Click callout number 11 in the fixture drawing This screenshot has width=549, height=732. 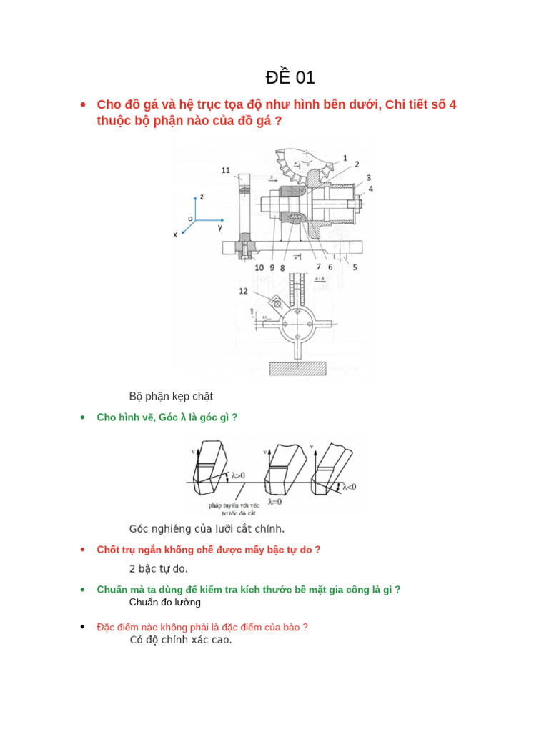click(x=225, y=170)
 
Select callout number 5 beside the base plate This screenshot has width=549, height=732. click(x=355, y=267)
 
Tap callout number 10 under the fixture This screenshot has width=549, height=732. click(x=259, y=267)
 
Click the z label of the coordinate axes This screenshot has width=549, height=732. click(x=202, y=196)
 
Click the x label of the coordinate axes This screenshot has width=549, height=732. click(x=174, y=234)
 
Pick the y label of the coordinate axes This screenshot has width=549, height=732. click(x=220, y=227)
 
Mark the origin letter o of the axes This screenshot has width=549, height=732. click(x=190, y=218)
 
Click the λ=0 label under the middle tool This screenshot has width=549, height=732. click(x=275, y=502)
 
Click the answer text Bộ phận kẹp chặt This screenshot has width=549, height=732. click(x=171, y=396)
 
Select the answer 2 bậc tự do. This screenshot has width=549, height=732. click(x=158, y=569)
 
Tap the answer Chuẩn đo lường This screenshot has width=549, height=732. click(x=164, y=602)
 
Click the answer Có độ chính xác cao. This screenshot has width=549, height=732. click(x=181, y=640)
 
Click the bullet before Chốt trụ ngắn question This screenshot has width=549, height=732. click(x=83, y=550)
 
